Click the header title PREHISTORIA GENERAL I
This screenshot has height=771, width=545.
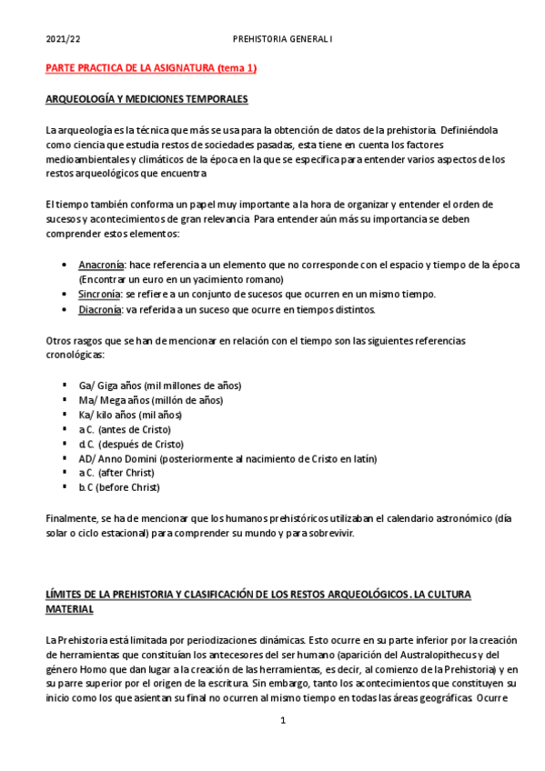[283, 40]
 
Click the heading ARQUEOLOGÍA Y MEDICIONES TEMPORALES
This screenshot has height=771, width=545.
[146, 98]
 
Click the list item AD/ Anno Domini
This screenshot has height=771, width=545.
[227, 459]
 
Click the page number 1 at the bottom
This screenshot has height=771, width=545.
[283, 721]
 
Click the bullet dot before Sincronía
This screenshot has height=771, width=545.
[64, 295]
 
